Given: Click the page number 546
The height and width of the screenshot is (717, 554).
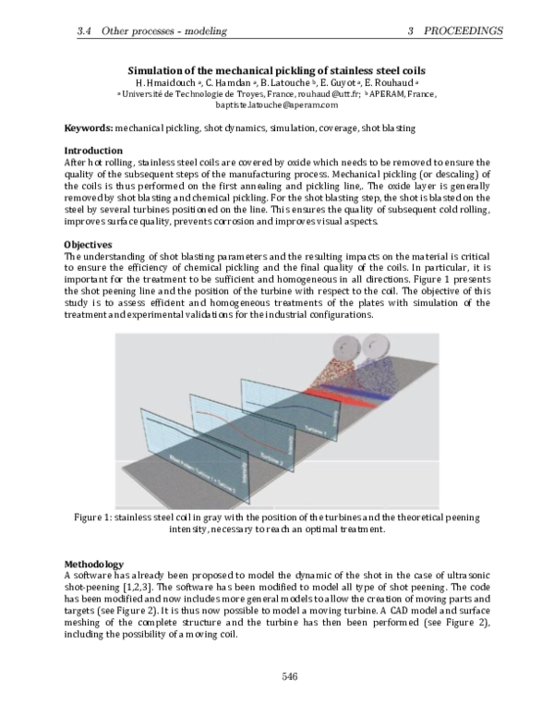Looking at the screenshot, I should click(288, 677).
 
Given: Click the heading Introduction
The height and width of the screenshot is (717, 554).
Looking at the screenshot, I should click(93, 151).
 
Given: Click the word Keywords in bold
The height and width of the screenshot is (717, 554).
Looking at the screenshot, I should click(89, 127).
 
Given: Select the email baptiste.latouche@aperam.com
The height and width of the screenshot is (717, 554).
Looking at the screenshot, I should click(275, 105).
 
